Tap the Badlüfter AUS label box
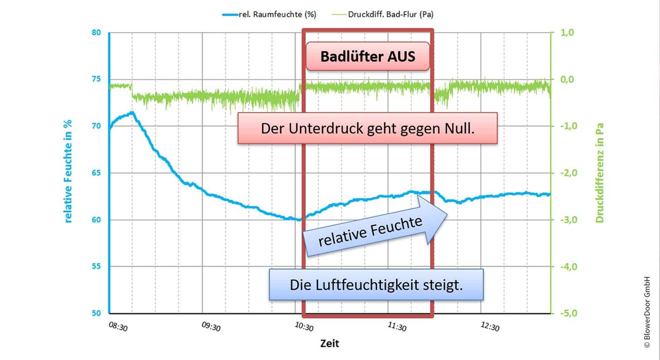(368, 56)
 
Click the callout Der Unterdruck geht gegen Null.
(368, 128)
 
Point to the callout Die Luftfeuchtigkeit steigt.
(376, 285)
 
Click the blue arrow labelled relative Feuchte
(373, 231)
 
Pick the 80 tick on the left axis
(96, 33)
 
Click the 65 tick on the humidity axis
(96, 173)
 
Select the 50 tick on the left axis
(96, 313)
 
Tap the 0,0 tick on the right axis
(567, 79)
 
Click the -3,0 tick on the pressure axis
(568, 220)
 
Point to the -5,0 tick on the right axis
(568, 313)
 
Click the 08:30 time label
(118, 327)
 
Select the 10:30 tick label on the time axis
(304, 327)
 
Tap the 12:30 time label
(490, 327)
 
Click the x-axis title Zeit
(330, 344)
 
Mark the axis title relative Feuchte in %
(68, 171)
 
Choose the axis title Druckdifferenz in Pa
(599, 173)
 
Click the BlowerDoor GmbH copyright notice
(647, 312)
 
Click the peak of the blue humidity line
(132, 112)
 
